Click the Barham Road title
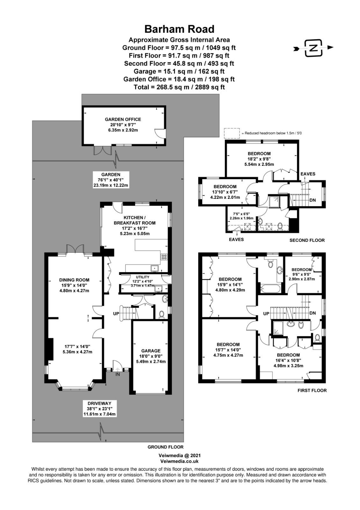point(180,29)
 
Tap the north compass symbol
point(313,48)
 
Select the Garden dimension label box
point(111,180)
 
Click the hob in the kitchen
point(164,257)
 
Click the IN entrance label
point(118,374)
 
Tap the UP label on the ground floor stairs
point(116,314)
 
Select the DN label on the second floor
point(313,200)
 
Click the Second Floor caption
point(307,240)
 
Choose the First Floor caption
point(312,390)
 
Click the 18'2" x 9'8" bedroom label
point(259,159)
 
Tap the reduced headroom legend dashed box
point(232,133)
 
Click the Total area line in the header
point(179,87)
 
